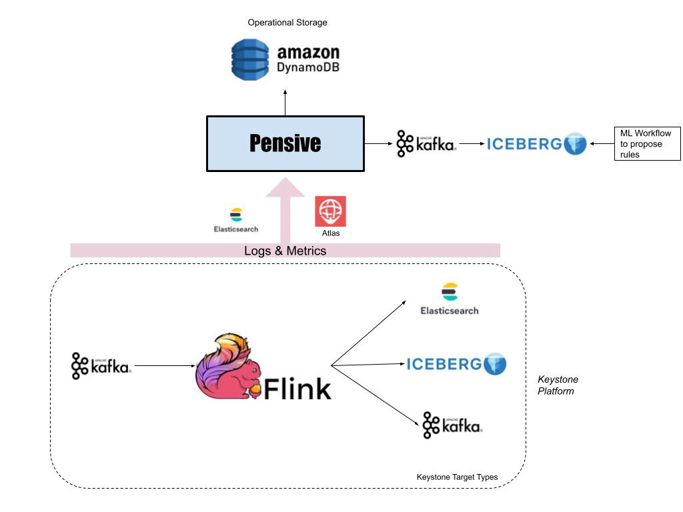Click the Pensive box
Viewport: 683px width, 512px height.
(285, 143)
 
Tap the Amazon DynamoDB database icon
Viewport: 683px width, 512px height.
(250, 60)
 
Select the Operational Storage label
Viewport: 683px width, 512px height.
(287, 23)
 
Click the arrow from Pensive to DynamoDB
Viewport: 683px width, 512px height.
(285, 103)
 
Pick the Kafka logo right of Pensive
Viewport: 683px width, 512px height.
(426, 143)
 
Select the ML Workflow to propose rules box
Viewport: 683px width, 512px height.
(646, 143)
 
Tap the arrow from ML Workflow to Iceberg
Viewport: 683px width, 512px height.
(601, 143)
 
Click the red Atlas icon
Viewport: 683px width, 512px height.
(330, 211)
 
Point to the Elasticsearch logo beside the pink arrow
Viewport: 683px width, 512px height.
(235, 219)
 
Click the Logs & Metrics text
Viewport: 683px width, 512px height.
(285, 251)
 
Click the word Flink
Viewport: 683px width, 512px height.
(297, 388)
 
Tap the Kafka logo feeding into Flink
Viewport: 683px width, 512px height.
(101, 366)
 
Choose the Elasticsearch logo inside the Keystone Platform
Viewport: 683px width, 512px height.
(450, 299)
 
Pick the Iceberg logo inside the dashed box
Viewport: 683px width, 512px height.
(457, 364)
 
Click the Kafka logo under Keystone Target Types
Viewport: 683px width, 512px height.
(452, 425)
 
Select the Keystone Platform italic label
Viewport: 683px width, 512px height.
(558, 385)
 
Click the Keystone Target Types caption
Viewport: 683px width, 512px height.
(457, 477)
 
